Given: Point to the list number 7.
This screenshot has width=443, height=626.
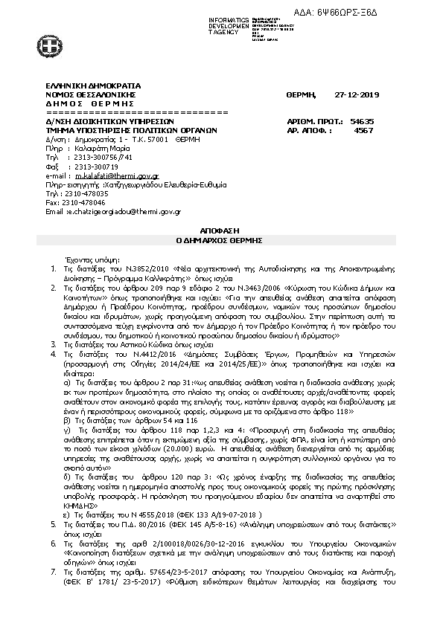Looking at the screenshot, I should point(52,595).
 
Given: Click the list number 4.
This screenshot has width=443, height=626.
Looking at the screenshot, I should point(52,355).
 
